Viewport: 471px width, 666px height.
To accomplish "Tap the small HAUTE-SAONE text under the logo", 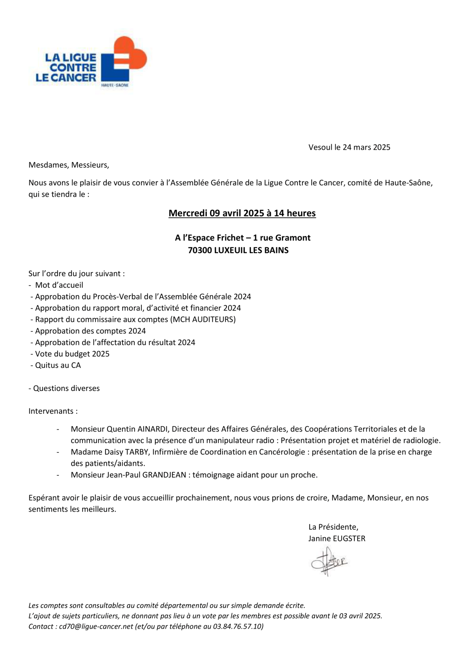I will tap(114, 85).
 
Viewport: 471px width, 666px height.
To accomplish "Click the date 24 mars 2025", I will tap(366, 147).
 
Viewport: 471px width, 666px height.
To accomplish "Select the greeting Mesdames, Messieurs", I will tap(69, 165).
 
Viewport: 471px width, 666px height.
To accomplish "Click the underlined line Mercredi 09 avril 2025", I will tap(242, 213).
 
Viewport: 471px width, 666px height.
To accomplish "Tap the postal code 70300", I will tap(199, 250).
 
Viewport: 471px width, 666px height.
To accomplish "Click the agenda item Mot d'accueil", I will tap(59, 285).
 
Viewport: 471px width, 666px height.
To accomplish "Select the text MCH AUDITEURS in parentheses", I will tap(203, 319).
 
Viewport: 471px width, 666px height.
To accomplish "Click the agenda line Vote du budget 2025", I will tap(72, 354).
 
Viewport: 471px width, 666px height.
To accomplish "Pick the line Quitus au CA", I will tap(58, 365).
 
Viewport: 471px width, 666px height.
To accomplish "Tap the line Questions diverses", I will tap(66, 388).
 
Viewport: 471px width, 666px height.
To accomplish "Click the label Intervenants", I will tap(53, 411).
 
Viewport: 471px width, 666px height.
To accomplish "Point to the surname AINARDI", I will tap(153, 429).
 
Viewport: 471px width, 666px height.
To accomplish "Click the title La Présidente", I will tap(333, 527).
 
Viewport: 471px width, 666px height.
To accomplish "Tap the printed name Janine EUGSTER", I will tap(336, 538).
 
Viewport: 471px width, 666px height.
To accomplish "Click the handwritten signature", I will tap(328, 561).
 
